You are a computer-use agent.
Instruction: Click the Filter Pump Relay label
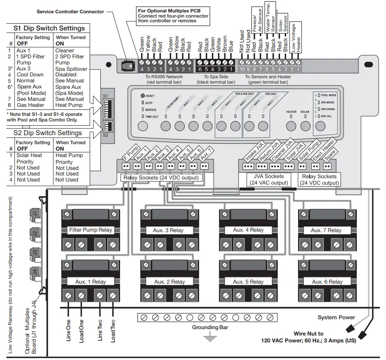click(90, 230)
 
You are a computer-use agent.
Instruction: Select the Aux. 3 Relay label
click(168, 230)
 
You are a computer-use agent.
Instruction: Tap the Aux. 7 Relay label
click(326, 230)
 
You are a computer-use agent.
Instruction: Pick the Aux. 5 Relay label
click(248, 282)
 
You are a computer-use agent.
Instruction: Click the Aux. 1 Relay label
click(90, 282)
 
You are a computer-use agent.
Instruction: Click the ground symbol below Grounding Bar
click(210, 338)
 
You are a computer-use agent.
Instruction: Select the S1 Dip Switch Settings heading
click(49, 28)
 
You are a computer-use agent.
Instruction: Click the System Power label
click(336, 318)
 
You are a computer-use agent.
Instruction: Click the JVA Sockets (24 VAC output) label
click(268, 179)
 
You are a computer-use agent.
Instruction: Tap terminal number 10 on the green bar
click(242, 69)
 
